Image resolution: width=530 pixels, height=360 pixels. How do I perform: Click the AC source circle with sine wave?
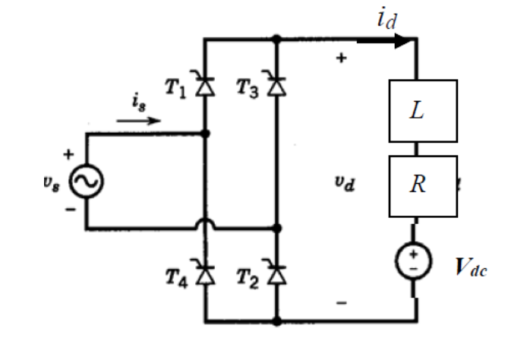click(x=86, y=182)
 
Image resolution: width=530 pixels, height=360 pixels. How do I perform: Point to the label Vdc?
click(x=472, y=268)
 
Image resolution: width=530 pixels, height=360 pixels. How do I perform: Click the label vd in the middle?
click(x=344, y=183)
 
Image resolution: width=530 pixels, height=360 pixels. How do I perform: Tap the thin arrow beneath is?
click(x=139, y=120)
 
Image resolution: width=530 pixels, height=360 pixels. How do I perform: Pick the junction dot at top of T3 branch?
click(x=277, y=38)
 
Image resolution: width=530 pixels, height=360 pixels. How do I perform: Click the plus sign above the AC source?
click(x=69, y=154)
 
